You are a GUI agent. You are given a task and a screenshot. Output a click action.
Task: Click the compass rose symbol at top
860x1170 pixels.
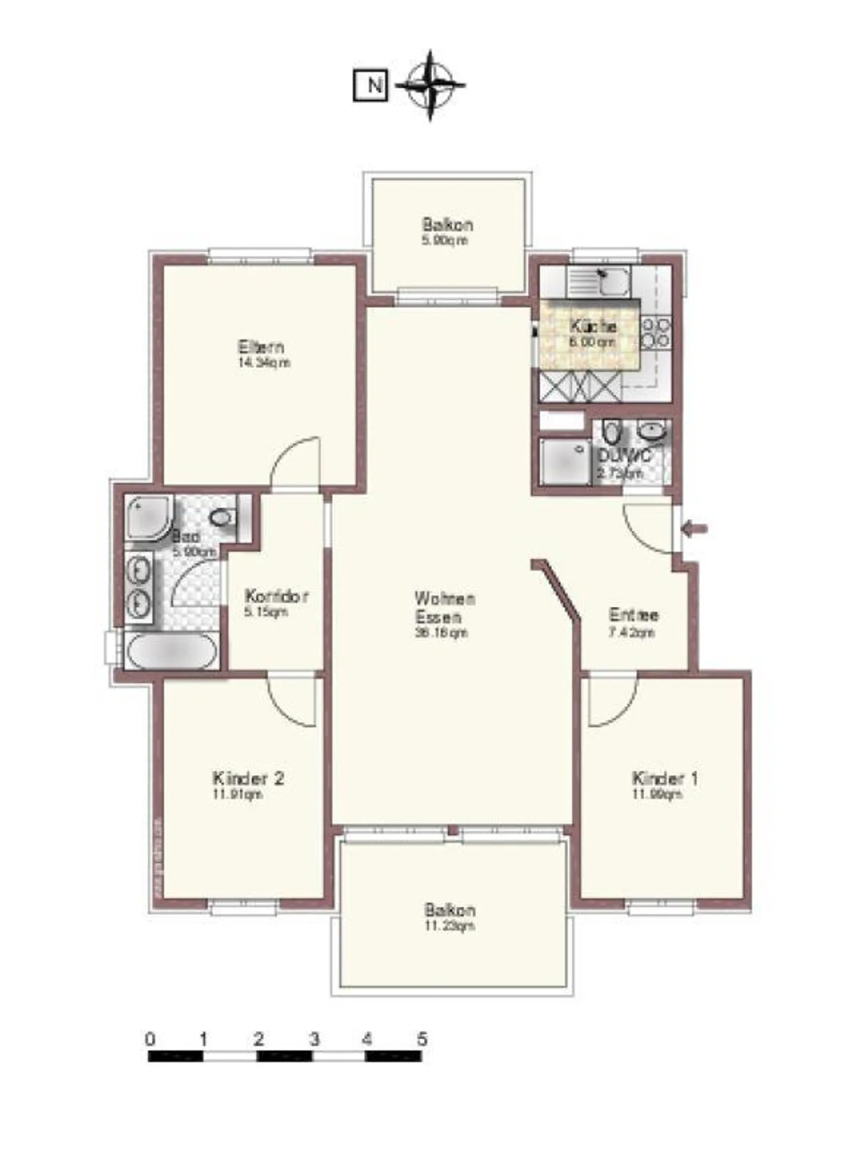tap(429, 85)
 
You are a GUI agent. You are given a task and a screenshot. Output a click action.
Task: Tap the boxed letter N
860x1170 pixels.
tap(371, 85)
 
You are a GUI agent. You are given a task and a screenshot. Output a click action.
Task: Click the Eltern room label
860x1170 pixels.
tap(261, 346)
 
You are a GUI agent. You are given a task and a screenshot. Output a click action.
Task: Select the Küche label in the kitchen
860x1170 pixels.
tap(592, 326)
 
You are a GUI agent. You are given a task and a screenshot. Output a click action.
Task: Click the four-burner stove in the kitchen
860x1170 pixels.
tap(655, 333)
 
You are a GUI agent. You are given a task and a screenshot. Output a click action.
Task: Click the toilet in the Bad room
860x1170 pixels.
tap(222, 517)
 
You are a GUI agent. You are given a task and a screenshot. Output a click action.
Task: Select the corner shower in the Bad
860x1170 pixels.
tap(147, 516)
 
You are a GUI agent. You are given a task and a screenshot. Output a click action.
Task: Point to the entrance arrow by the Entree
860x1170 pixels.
tap(695, 529)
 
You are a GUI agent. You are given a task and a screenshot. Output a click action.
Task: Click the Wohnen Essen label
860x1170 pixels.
tap(444, 607)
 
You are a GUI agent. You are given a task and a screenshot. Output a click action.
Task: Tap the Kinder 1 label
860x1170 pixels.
tap(664, 778)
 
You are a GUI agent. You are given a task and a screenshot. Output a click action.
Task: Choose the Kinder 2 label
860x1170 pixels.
tap(248, 778)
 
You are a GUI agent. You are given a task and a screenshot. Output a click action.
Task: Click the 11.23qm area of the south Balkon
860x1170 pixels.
tap(449, 926)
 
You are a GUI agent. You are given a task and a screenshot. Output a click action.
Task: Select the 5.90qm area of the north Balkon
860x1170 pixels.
tap(446, 241)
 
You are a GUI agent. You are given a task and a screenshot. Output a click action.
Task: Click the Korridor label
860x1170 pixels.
tap(277, 596)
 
